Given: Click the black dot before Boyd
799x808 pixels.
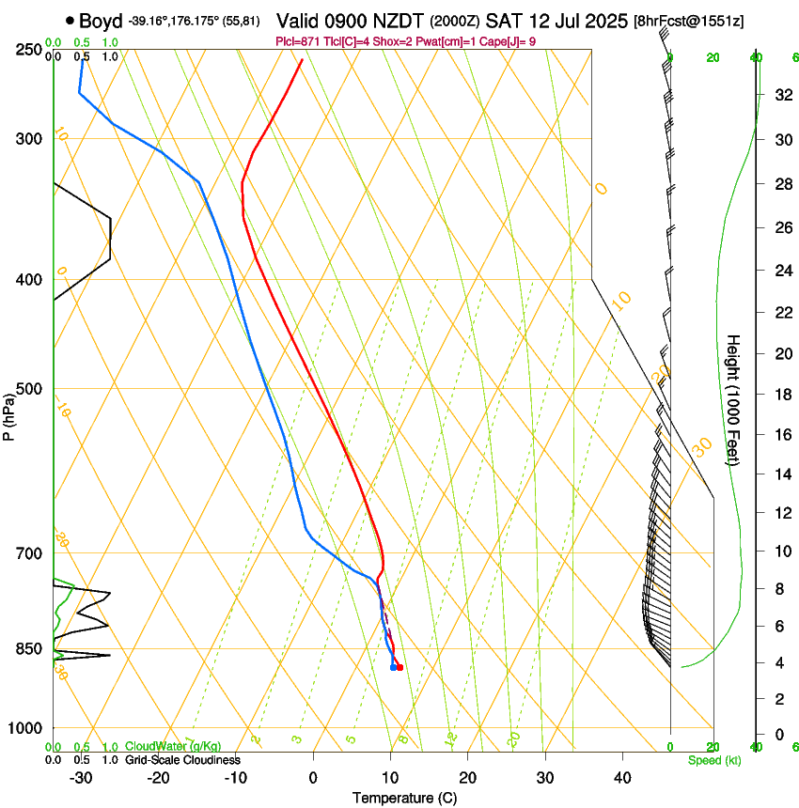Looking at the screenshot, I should point(70,21).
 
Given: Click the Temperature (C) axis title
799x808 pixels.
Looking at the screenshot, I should point(404,798).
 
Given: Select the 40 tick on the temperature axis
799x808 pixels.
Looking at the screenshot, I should point(621,777).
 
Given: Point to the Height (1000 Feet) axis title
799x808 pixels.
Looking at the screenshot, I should point(733,399).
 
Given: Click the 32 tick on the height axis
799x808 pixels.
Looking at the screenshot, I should point(781,95).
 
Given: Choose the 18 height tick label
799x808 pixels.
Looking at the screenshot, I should point(781,395).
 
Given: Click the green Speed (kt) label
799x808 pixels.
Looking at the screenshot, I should point(712,760).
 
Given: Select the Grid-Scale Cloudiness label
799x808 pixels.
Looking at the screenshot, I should point(182,759).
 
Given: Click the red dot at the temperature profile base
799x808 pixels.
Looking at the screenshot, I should point(400,668).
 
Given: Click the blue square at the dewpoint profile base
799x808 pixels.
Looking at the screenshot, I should point(393,667).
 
